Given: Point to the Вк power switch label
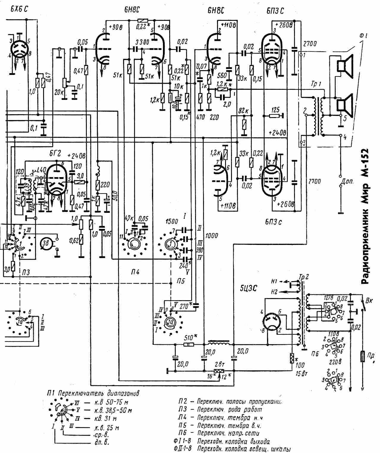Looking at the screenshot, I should click(x=369, y=300).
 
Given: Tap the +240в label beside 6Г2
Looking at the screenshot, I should click(x=77, y=155).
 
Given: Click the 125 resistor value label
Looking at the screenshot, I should click(x=275, y=110).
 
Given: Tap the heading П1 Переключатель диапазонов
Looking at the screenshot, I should click(x=93, y=393).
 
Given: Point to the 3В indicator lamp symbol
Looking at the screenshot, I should click(x=46, y=243).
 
